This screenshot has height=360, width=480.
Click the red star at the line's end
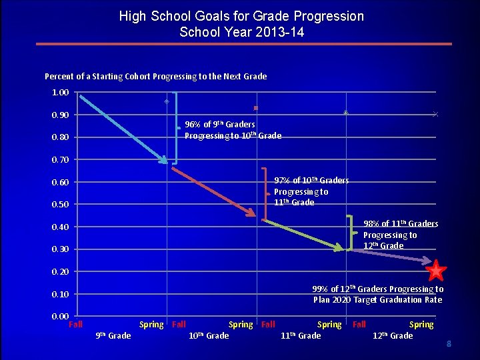436,271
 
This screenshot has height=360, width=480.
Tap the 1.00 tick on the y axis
60,93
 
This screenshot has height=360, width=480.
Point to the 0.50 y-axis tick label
60,204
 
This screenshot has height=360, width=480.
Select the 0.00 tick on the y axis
60,316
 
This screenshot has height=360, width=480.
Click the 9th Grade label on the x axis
114,335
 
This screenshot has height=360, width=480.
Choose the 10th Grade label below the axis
209,335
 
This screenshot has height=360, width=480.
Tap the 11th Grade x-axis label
301,335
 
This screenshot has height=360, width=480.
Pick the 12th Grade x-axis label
393,335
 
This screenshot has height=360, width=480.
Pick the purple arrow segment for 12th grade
390,259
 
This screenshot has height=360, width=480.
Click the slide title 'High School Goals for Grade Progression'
241,16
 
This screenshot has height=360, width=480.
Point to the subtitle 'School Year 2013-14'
241,31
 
